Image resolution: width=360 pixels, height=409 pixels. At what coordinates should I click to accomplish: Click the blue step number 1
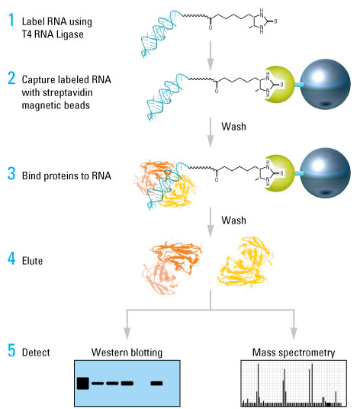click(11, 20)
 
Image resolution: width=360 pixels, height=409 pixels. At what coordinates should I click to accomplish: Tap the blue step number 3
click(11, 173)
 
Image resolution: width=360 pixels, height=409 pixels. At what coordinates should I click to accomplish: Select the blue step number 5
click(11, 350)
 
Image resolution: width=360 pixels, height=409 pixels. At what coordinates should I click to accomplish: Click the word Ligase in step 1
click(70, 34)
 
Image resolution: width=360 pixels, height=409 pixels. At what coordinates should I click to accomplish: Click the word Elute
click(32, 261)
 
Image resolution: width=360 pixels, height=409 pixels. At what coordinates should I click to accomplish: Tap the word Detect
click(36, 353)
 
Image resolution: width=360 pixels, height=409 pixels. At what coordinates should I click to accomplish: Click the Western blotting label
click(127, 353)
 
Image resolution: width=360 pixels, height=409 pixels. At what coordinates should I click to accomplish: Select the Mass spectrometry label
click(294, 353)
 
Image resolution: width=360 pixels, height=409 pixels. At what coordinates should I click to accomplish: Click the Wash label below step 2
click(234, 127)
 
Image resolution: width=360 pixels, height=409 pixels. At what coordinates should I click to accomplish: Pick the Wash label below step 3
click(234, 221)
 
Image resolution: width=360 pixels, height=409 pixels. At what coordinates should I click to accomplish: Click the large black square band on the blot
click(83, 383)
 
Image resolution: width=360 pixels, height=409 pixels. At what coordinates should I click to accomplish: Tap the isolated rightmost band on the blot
click(156, 383)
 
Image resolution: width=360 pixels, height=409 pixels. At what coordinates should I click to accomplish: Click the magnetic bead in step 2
click(326, 84)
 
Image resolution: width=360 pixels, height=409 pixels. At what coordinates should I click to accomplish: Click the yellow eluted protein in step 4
click(245, 262)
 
